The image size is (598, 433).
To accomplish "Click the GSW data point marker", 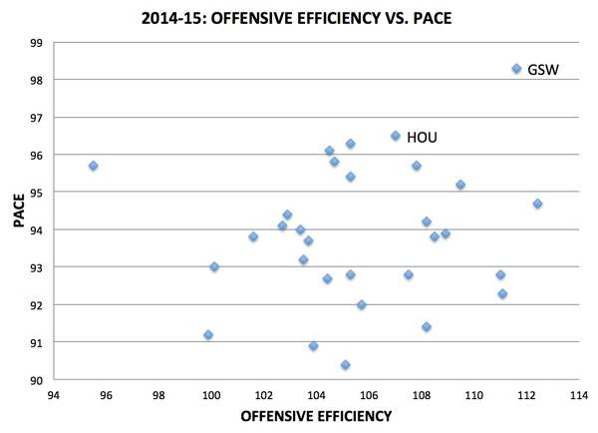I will (516, 69).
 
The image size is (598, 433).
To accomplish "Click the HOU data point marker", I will (396, 136).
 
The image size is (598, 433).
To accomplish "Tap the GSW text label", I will (542, 70).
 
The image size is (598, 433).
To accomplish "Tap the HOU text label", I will (422, 138).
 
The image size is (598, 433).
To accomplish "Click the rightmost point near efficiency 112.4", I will (537, 204).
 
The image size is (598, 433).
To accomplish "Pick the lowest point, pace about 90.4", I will (345, 365).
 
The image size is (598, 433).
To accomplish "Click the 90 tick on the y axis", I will (34, 381).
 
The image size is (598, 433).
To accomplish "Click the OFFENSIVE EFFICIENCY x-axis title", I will (316, 417).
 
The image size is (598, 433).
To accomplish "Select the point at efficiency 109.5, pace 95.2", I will (460, 185).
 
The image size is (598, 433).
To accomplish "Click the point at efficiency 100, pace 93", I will (214, 267).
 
